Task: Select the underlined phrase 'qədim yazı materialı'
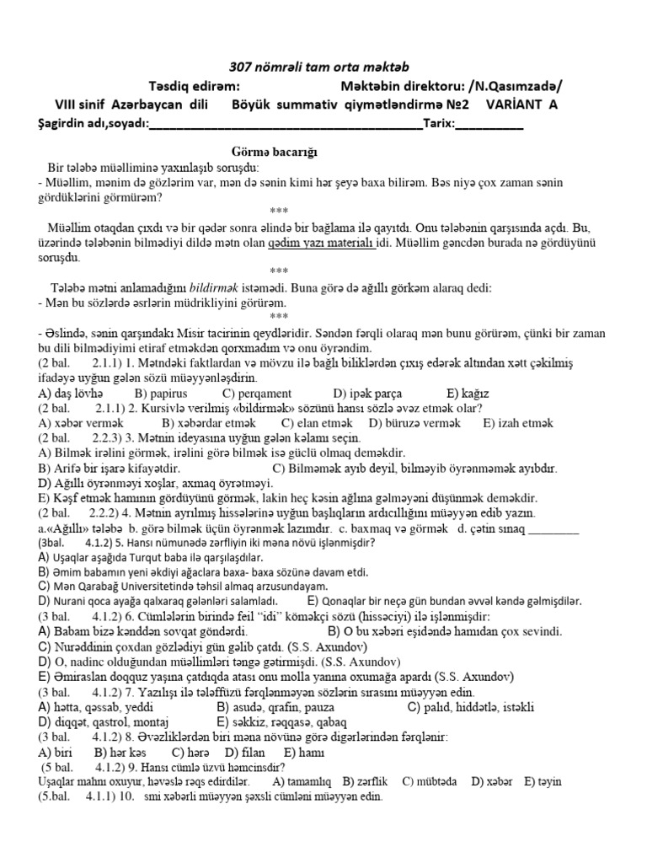(x=321, y=244)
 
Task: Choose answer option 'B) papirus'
(x=161, y=394)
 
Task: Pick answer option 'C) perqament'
(x=257, y=394)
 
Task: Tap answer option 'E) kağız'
(x=469, y=394)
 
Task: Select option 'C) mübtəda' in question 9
(x=430, y=781)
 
